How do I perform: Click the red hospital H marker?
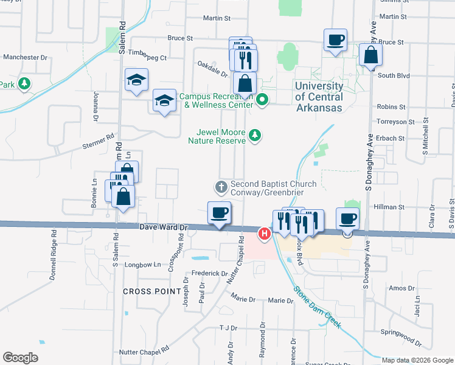pos(265,233)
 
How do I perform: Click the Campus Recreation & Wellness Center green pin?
pos(262,99)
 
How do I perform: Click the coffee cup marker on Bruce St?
pos(336,41)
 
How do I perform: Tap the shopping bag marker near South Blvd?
pos(370,56)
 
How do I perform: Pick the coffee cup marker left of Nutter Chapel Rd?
pos(219,213)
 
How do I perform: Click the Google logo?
pos(20,358)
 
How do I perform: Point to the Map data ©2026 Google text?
pos(417,360)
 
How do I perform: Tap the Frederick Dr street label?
pos(209,274)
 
